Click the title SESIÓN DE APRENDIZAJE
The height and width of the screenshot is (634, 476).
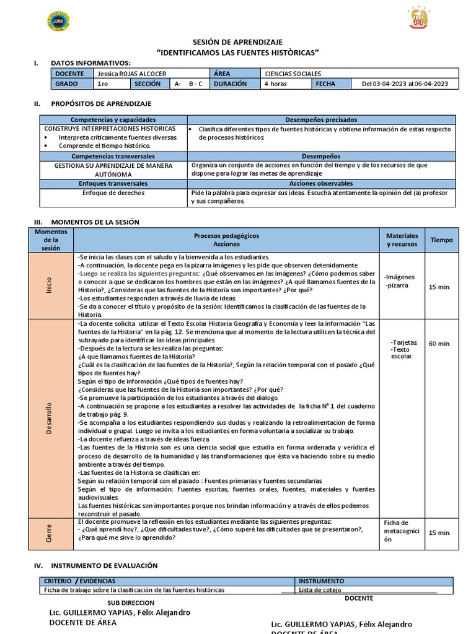tap(238, 41)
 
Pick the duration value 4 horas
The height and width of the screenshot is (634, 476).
tap(275, 84)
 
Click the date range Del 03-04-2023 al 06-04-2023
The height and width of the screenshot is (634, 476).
tap(405, 84)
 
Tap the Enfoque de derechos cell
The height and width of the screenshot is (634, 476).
tap(113, 193)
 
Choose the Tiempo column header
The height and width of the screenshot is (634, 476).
tap(441, 240)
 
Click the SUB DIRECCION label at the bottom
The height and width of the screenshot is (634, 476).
tap(131, 602)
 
